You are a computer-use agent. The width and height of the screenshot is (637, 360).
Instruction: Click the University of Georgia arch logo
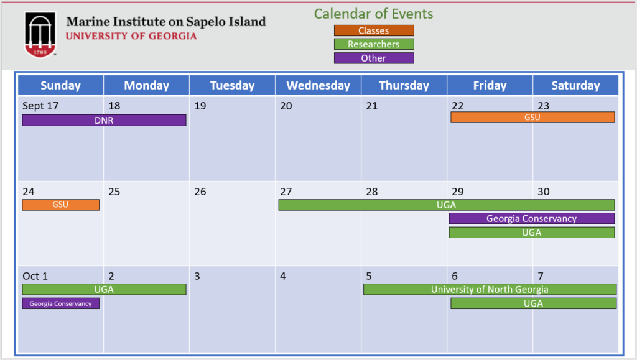40,35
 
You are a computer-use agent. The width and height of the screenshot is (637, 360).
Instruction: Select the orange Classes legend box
374,30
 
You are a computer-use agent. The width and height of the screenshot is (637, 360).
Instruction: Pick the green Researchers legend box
374,44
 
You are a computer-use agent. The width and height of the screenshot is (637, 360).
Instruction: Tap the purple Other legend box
374,58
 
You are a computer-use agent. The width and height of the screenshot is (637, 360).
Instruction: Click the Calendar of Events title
373,14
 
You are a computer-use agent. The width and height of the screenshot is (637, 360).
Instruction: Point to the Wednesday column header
318,85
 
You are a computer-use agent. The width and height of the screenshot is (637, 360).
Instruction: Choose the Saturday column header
575,85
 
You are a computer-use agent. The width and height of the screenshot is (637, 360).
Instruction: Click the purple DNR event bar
104,120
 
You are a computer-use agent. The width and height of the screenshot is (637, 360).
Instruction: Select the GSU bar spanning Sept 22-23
532,118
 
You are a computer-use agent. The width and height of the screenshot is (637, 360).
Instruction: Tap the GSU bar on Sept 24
60,205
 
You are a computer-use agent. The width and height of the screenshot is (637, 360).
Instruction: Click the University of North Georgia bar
490,289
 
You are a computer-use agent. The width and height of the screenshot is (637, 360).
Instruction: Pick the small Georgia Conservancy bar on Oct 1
60,303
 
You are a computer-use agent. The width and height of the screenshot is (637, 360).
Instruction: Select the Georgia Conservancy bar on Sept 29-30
531,218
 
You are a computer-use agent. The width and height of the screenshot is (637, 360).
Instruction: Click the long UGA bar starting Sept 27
447,205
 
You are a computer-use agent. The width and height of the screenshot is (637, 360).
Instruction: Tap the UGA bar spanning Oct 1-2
104,289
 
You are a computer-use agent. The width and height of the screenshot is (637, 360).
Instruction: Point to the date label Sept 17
40,106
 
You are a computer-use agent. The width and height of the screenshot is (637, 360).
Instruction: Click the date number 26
200,192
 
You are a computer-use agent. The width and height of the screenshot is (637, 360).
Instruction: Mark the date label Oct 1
35,276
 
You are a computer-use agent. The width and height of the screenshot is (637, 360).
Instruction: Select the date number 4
283,276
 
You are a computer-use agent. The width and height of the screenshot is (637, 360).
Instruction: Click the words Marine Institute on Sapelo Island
165,22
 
